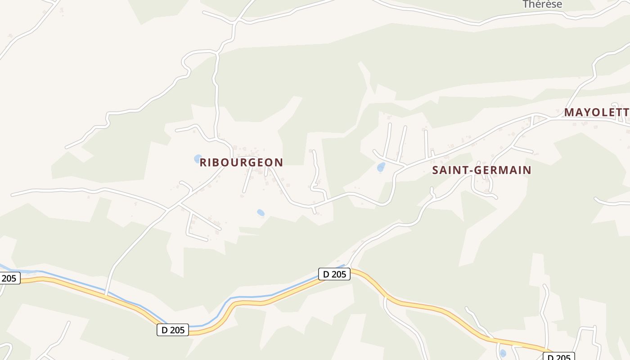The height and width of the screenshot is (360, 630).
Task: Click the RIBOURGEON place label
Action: click(x=241, y=162)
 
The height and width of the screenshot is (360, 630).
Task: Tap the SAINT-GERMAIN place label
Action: click(x=481, y=170)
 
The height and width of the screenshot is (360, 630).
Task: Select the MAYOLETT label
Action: click(x=597, y=112)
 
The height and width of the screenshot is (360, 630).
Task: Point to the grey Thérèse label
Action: click(x=542, y=4)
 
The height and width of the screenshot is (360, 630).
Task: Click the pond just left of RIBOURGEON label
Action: click(x=198, y=158)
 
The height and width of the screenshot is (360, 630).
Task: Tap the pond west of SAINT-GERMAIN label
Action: click(x=381, y=167)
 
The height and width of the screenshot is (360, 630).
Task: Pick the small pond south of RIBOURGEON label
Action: click(x=261, y=212)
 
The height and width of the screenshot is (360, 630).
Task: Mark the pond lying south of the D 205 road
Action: click(x=503, y=353)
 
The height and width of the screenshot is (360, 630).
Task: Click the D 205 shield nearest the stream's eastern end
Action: click(x=334, y=274)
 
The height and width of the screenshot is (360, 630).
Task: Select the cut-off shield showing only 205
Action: click(x=9, y=278)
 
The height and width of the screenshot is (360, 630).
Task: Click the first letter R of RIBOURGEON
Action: click(x=203, y=162)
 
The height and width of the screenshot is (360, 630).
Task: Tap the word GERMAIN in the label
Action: click(x=504, y=170)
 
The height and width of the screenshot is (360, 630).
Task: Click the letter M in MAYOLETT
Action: click(x=570, y=112)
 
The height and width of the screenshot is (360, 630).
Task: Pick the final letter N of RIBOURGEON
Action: click(x=279, y=162)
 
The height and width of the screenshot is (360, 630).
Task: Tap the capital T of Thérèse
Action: click(x=526, y=4)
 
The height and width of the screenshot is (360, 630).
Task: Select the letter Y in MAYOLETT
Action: click(x=588, y=112)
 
